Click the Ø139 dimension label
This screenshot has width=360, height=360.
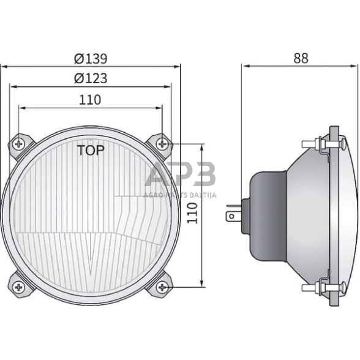click(91, 59)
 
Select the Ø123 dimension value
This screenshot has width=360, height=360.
click(91, 79)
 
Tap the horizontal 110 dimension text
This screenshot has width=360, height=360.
click(90, 100)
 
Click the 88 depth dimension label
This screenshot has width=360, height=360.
click(301, 59)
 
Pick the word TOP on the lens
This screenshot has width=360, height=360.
click(91, 150)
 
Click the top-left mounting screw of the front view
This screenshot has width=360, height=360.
click(20, 144)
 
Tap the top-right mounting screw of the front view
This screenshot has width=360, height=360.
click(162, 144)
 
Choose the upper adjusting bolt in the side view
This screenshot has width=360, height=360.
click(320, 145)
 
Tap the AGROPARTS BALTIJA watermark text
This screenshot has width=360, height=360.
click(180, 195)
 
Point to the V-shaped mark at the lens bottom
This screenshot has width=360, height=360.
click(91, 260)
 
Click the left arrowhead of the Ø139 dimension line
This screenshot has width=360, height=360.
click(4, 66)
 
